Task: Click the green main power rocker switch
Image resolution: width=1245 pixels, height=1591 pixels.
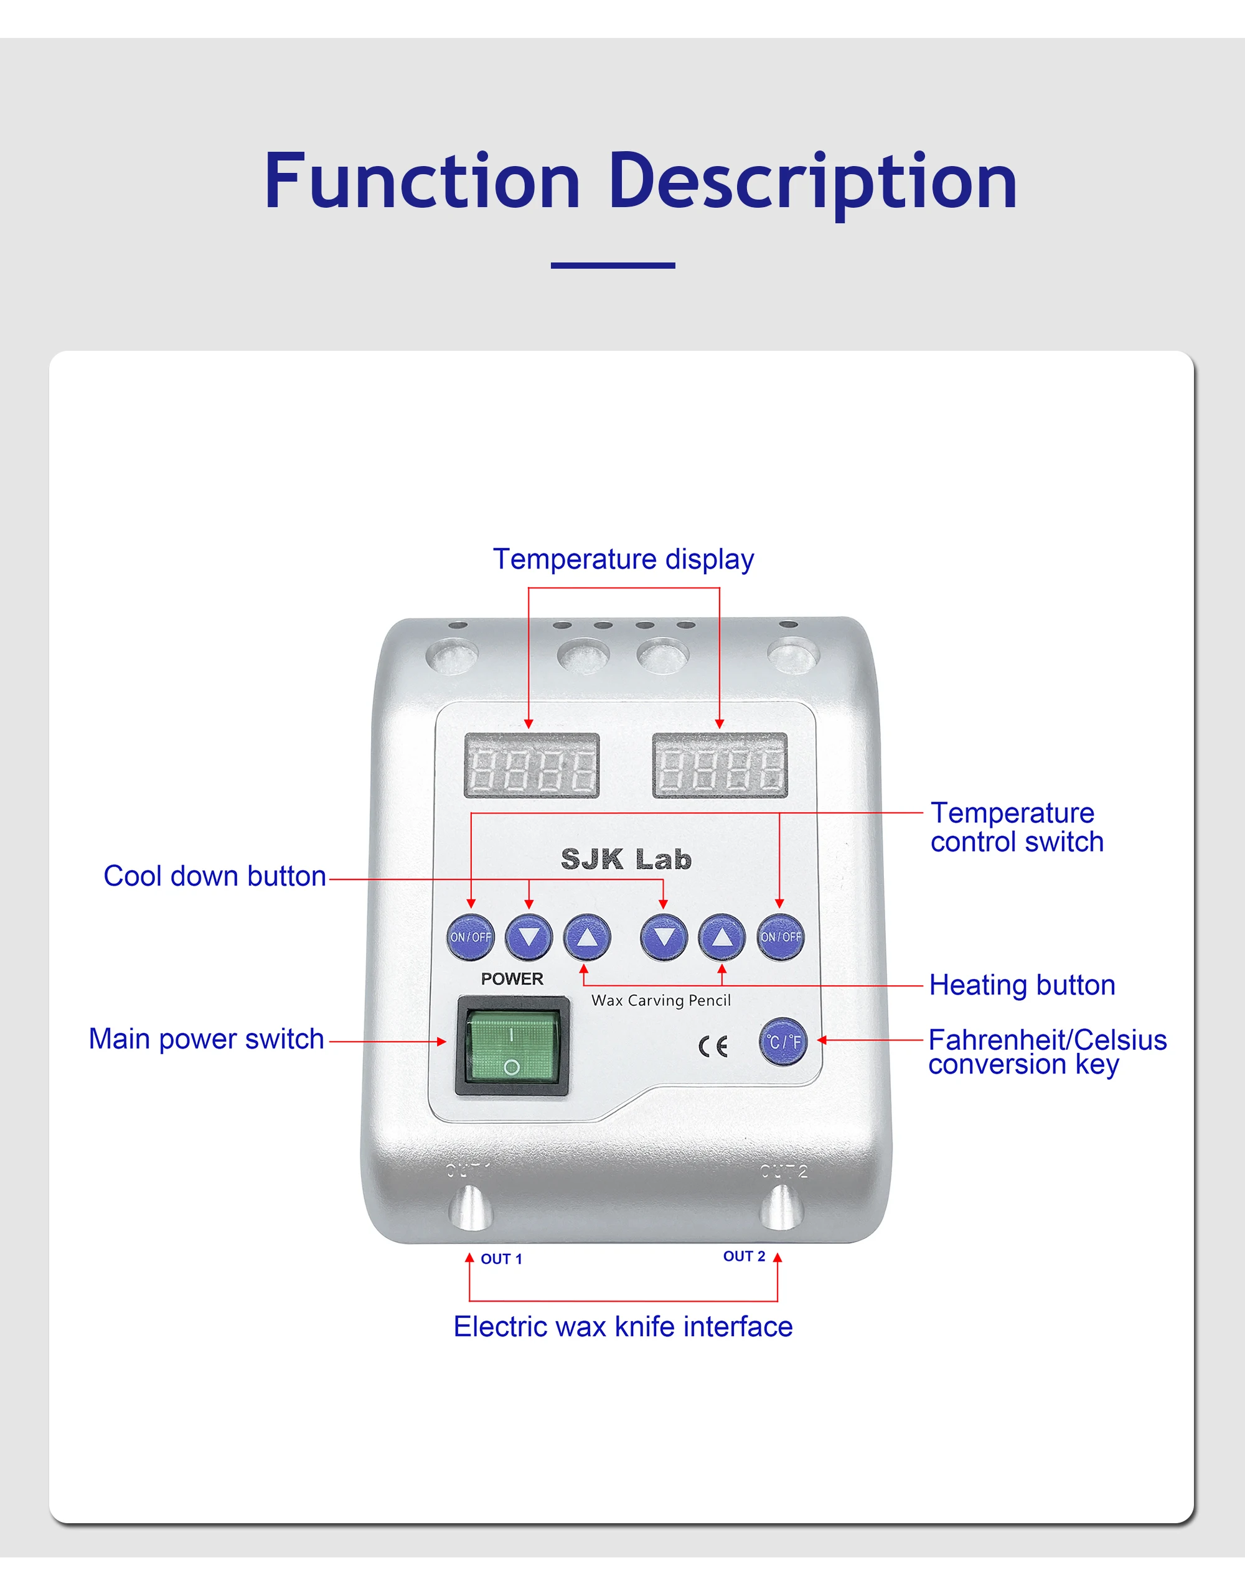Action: (512, 1046)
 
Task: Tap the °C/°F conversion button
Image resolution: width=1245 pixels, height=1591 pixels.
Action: (783, 1042)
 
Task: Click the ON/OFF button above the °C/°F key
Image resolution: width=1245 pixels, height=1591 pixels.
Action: (780, 937)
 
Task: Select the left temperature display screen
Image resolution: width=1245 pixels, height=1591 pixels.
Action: (532, 766)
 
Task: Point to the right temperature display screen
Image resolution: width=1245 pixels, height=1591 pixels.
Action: (720, 766)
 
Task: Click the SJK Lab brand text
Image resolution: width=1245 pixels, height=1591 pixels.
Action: (626, 859)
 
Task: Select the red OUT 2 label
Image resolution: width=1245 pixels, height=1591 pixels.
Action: (743, 1256)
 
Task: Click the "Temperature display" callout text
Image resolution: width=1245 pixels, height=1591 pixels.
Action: (623, 560)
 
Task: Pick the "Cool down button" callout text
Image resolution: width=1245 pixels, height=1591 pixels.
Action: (214, 876)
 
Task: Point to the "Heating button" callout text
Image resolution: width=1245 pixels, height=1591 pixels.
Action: (1022, 985)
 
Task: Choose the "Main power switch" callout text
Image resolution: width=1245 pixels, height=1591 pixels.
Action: (206, 1039)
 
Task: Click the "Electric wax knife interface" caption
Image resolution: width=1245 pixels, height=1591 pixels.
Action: (622, 1327)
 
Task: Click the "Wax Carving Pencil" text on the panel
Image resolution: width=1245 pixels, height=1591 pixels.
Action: (660, 1000)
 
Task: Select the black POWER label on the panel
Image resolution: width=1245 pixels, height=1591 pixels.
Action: (512, 978)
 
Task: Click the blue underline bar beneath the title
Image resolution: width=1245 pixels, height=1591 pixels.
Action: (613, 265)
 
